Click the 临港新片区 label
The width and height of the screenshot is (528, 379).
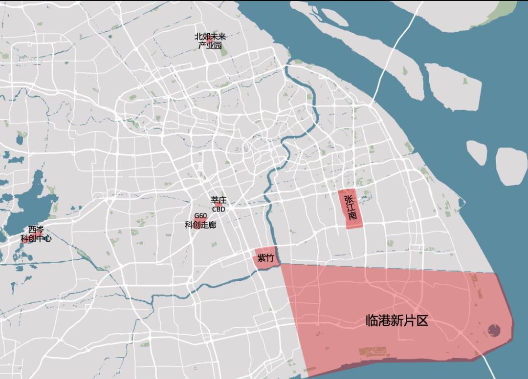click(x=397, y=320)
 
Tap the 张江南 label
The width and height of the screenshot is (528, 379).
click(x=350, y=208)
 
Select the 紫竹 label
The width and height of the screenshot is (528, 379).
click(x=265, y=258)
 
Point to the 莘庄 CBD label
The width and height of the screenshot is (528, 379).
click(x=219, y=204)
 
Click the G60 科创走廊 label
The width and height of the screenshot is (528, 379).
click(x=200, y=221)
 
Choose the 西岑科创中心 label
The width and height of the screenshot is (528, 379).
click(x=36, y=234)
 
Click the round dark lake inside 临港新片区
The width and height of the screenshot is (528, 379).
click(x=494, y=331)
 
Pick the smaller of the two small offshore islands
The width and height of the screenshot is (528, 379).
click(x=477, y=152)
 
